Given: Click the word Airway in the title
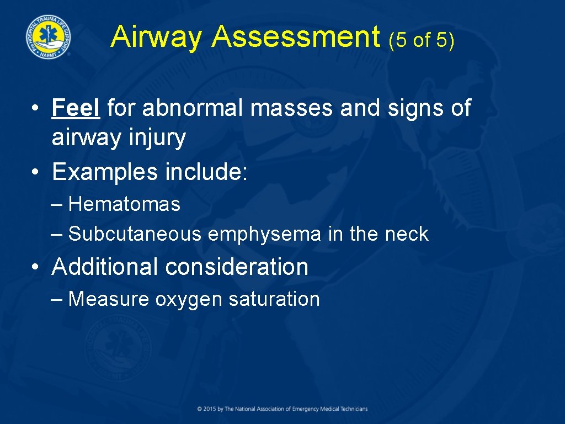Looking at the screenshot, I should point(157,38).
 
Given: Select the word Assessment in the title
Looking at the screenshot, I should point(296,38).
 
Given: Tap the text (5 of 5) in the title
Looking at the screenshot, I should point(422,40).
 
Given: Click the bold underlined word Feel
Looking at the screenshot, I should point(76,108).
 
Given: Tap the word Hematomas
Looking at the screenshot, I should point(125,204).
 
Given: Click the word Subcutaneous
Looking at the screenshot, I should point(135,234).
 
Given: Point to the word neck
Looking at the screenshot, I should point(407,234).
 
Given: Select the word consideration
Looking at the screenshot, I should point(237,267).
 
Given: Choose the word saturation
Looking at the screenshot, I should point(274,299).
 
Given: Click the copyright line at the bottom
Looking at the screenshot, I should point(282,409).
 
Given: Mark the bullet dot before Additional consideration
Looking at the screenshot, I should point(35,268).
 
